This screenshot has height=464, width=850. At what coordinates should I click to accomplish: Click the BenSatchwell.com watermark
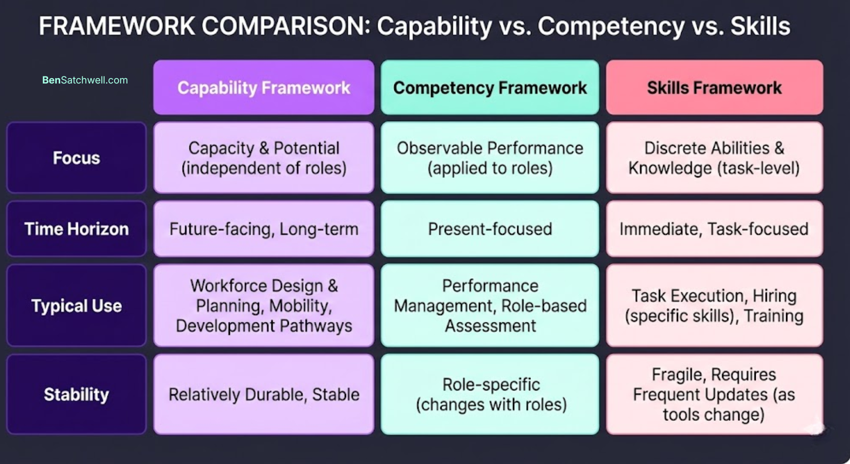point(85,80)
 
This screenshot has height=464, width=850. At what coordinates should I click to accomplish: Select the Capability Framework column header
point(264,88)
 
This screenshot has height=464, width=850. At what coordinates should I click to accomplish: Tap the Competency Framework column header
point(490,88)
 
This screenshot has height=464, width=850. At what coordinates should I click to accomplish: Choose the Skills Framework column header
point(714,88)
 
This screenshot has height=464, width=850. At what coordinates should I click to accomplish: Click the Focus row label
point(76,158)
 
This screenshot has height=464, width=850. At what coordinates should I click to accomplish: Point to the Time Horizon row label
point(76,229)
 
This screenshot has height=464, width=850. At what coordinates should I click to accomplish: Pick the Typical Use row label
point(76,306)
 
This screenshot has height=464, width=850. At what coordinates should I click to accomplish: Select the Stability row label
point(76,394)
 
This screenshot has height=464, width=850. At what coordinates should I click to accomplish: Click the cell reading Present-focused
point(490,229)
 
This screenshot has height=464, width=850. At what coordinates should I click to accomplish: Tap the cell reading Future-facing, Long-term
point(264,229)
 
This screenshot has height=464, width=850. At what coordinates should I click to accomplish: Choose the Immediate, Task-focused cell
point(714,229)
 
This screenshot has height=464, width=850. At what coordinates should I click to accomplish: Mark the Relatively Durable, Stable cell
point(264,394)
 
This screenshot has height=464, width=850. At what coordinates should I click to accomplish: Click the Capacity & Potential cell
point(264,158)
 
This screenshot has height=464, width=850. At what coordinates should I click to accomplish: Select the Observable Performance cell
point(490,158)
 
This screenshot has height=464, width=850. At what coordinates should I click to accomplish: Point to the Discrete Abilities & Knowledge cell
point(714,158)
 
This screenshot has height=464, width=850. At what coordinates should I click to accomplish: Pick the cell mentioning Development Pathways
point(264,306)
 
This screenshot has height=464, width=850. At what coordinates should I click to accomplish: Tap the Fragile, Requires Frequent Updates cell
point(714,394)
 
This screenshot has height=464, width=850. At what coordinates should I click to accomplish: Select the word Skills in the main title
point(760,26)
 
